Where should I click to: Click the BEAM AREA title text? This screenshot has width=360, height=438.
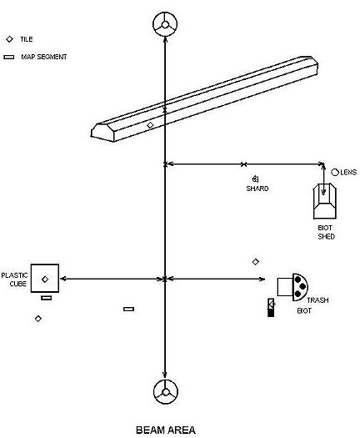[x=166, y=430]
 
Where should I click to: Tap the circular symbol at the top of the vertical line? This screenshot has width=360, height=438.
[x=165, y=24]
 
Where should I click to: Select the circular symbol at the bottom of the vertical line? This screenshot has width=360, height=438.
[x=166, y=391]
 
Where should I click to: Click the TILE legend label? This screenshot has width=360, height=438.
[x=26, y=39]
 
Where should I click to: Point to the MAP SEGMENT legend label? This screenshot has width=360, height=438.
[x=44, y=57]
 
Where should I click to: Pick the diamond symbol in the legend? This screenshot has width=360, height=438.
[x=10, y=39]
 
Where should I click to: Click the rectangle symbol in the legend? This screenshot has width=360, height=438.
[x=9, y=57]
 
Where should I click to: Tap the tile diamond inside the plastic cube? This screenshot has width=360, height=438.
[x=45, y=279]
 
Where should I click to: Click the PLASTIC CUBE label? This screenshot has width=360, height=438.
[x=14, y=279]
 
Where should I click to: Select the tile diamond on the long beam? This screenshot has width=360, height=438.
[x=150, y=125]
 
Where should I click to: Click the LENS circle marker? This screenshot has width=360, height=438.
[x=335, y=173]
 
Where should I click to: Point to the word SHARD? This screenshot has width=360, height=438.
[x=257, y=189]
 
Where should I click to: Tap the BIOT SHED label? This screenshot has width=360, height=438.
[x=326, y=232]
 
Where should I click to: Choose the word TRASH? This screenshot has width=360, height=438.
[x=317, y=300]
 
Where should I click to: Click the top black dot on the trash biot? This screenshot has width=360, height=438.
[x=297, y=279]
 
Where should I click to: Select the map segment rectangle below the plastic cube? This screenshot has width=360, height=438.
[x=47, y=298]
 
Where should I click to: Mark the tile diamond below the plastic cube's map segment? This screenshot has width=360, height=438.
[x=38, y=319]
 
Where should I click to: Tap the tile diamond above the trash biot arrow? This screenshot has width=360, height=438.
[x=255, y=262]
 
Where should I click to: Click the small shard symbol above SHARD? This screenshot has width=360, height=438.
[x=255, y=179]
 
